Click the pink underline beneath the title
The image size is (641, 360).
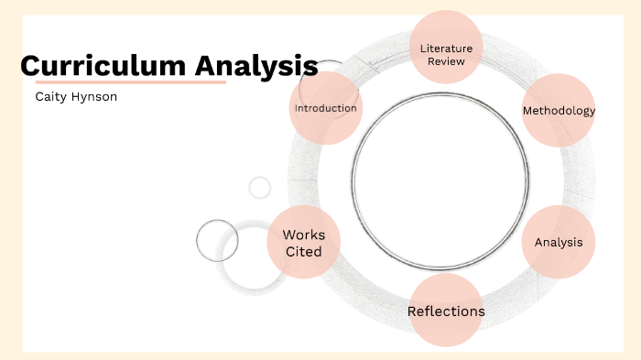(123, 82)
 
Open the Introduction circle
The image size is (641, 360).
(325, 109)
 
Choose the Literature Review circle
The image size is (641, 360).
(446, 46)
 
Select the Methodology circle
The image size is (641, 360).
(559, 111)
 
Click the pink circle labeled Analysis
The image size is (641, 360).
(559, 243)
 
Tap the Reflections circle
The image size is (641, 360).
(446, 311)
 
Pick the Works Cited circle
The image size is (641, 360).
(303, 243)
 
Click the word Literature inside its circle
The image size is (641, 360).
(446, 48)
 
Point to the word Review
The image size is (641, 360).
(446, 61)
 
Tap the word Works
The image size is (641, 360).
(303, 235)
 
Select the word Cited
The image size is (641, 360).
(303, 251)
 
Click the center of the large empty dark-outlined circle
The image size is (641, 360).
(440, 173)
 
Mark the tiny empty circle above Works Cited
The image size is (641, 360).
(260, 188)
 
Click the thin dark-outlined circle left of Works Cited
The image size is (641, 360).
(217, 241)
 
